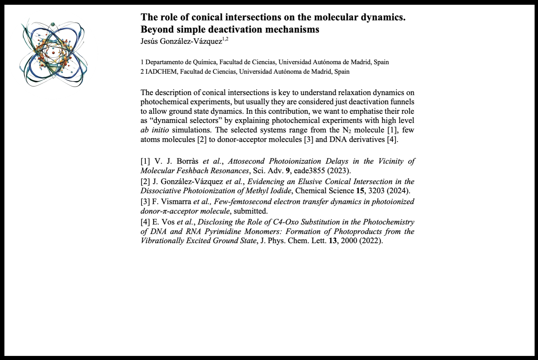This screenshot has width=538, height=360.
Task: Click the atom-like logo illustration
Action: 53,54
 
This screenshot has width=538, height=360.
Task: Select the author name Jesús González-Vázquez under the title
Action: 181,41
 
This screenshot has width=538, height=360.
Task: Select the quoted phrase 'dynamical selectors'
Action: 186,121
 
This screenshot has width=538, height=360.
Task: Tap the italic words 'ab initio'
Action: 155,130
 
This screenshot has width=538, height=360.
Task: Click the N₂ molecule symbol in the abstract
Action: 346,130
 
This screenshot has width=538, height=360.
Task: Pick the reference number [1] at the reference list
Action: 145,161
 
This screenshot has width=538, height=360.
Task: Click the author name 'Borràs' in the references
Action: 187,161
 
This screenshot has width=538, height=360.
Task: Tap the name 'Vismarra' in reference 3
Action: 172,202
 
